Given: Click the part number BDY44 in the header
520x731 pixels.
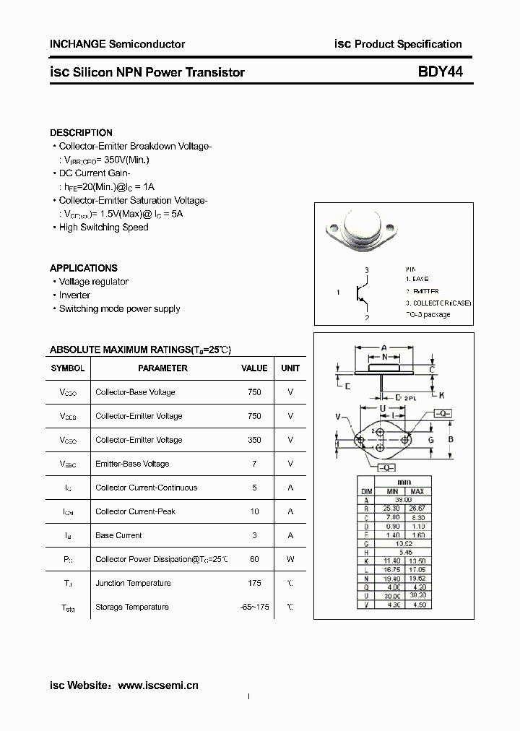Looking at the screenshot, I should (x=440, y=72).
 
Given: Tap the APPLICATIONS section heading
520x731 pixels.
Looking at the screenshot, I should (x=83, y=268).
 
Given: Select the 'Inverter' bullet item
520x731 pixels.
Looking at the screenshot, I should (x=74, y=295).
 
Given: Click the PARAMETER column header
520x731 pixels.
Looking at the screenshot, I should (x=162, y=368).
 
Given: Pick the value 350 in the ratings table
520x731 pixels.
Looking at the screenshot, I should (x=254, y=440).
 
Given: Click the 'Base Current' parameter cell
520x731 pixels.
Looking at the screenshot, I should (x=118, y=535).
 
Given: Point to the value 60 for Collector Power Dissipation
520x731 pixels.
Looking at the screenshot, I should (x=254, y=559).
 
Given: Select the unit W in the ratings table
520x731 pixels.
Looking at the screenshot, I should (x=290, y=559).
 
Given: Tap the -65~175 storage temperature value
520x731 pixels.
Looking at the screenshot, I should (x=254, y=607).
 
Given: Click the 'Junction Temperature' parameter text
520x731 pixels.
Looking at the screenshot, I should (x=133, y=583).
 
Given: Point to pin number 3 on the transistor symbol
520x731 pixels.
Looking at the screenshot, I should (x=367, y=270).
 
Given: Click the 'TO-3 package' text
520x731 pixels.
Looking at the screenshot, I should (x=428, y=314).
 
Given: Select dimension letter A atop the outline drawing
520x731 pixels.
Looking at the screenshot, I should (x=383, y=347).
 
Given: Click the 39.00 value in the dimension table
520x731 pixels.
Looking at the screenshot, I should (x=403, y=500).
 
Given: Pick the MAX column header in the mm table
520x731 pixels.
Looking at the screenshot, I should (x=417, y=492).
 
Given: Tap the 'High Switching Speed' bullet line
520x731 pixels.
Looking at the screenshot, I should (x=103, y=227).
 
